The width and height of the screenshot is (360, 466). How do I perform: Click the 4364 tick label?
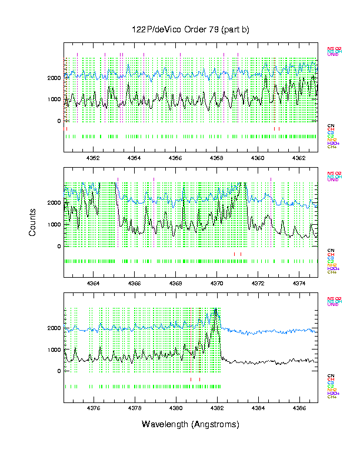(x=93, y=283)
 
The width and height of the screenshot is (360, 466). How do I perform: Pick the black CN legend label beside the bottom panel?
(x=331, y=375)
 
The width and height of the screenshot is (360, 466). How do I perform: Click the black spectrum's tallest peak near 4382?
(x=216, y=309)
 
